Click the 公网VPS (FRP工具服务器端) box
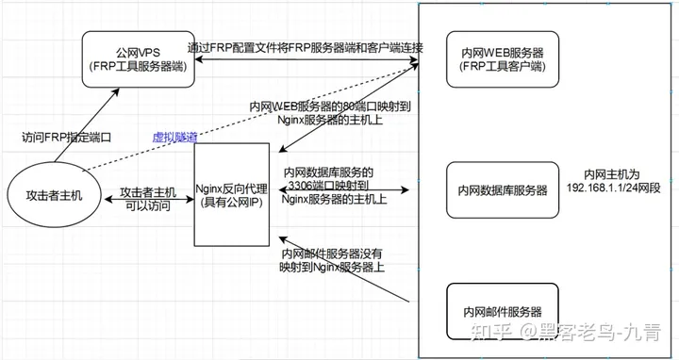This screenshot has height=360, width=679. point(139,59)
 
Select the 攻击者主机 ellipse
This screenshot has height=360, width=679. point(54,195)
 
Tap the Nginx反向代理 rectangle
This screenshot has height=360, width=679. point(232,195)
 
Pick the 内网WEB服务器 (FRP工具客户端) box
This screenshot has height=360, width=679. point(503,59)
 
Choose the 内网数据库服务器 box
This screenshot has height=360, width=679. point(503,190)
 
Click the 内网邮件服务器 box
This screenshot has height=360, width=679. point(503,312)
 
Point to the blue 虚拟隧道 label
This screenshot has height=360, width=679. point(175,138)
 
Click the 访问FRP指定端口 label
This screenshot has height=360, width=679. point(67,138)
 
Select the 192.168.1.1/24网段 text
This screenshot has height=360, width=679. point(613,188)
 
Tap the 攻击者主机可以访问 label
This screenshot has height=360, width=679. point(148,199)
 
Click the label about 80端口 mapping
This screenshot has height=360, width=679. point(330,113)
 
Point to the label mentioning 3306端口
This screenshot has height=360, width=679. point(334,186)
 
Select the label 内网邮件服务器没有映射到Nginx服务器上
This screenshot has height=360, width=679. point(332,260)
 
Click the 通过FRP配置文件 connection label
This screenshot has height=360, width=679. point(306,48)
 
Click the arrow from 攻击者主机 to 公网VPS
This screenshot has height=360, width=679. point(87,125)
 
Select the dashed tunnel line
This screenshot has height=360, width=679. point(250,118)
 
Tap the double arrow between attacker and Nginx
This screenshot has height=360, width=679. point(149,199)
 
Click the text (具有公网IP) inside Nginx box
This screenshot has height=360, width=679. point(232,202)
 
